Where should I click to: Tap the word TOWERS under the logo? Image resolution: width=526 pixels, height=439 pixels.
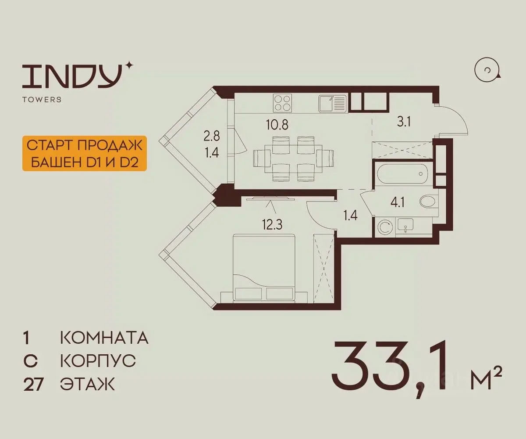[42, 99]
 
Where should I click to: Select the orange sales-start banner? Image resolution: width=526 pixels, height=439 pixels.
[85, 154]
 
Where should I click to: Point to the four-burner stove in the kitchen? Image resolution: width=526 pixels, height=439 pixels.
[283, 103]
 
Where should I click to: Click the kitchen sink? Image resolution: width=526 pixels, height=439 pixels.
[333, 103]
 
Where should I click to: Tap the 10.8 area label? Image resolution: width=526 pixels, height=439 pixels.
[277, 125]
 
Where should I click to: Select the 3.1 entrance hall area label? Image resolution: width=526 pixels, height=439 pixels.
[404, 122]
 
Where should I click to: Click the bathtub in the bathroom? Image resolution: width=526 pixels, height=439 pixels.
[402, 173]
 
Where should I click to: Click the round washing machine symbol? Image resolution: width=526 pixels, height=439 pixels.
[384, 227]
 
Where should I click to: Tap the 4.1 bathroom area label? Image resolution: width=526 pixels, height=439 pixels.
[398, 202]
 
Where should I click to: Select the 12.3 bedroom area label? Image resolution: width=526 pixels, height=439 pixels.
[272, 224]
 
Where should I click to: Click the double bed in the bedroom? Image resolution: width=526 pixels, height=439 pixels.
[264, 268]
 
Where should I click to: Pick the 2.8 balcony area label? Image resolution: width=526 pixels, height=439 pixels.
[212, 136]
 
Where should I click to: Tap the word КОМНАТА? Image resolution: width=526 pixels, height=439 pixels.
[104, 338]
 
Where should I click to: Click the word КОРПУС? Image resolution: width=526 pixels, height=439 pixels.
[98, 361]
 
